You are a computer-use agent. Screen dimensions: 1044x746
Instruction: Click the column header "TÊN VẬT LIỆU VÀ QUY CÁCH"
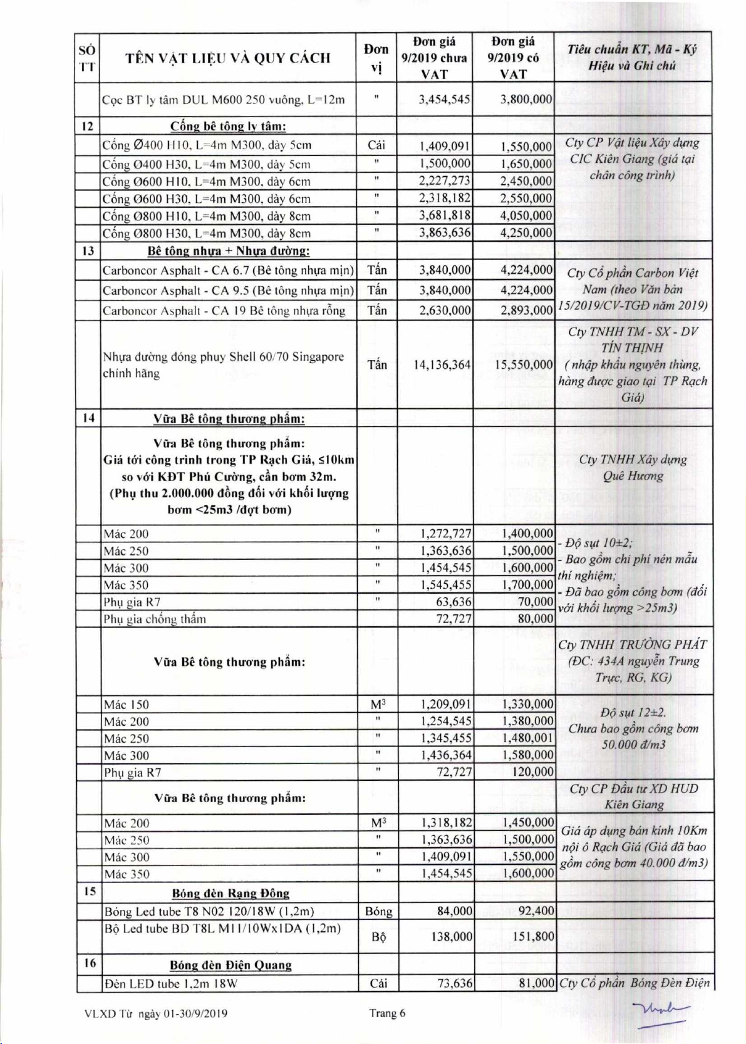tap(227, 58)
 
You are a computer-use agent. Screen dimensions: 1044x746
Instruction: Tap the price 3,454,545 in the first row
tap(445, 99)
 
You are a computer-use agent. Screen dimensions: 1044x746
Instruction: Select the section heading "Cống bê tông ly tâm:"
tap(228, 126)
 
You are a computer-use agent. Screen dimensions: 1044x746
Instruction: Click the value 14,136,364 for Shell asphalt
tap(442, 364)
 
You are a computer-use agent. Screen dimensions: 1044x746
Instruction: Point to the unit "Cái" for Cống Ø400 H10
tap(376, 145)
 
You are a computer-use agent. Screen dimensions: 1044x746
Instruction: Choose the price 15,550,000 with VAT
tap(524, 364)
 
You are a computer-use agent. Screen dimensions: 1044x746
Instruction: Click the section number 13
tap(88, 251)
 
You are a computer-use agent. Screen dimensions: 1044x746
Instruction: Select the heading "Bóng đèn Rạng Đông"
tap(231, 893)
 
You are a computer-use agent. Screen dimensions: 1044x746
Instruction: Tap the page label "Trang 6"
tap(387, 1013)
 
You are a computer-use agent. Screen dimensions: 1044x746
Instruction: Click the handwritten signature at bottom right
tap(661, 1013)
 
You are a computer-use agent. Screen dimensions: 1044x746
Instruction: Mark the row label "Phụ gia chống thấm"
tap(155, 619)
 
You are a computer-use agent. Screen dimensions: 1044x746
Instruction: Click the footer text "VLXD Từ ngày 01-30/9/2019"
tap(156, 1013)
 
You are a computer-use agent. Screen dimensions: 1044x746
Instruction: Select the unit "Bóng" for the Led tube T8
tap(378, 911)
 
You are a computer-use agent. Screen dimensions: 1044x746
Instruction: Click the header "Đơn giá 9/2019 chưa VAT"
tap(434, 58)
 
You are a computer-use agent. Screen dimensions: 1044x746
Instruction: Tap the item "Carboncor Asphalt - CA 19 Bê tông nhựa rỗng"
tap(224, 311)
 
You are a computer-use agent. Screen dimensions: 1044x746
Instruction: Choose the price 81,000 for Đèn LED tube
tap(537, 984)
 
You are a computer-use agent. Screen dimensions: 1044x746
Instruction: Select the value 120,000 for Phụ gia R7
tap(533, 772)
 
